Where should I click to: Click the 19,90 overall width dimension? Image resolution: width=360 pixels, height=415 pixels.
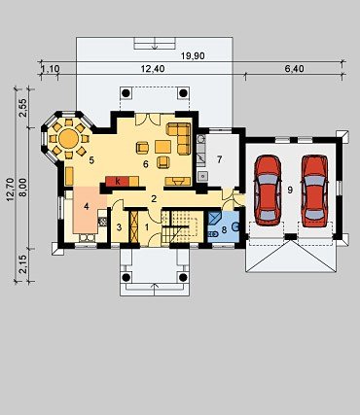193,56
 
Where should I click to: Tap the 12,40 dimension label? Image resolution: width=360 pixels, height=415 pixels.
153,69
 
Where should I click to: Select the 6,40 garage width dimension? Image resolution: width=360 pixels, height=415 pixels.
295,69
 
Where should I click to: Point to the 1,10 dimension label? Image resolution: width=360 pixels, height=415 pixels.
51,69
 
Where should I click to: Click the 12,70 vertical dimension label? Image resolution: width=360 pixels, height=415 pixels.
10,190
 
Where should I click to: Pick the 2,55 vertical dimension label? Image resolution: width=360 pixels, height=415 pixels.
23,107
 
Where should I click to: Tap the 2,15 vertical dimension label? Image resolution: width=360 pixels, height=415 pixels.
23,265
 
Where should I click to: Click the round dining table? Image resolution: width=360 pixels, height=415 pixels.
68,139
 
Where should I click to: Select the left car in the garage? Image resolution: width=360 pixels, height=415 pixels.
268,190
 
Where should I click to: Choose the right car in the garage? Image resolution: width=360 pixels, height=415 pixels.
314,190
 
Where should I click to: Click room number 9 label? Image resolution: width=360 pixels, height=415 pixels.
290,190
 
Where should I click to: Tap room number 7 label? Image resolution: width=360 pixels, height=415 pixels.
220,159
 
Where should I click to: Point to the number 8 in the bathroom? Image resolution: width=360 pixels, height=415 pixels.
224,231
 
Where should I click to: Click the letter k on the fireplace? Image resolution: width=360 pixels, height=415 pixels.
118,182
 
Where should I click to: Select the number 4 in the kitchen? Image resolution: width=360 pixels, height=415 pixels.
86,206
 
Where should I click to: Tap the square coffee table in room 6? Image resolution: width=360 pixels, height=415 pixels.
162,147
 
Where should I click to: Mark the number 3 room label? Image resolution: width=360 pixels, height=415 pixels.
119,227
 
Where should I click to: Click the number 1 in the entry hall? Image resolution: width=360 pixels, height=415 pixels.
147,227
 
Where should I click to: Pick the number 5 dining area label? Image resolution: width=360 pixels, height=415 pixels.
91,160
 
